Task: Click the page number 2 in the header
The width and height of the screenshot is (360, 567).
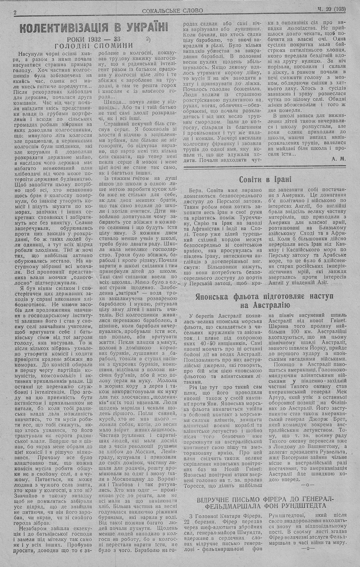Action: point(15,12)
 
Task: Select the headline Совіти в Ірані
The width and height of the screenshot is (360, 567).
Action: point(265,180)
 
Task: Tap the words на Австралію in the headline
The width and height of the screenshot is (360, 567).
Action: point(265,306)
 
